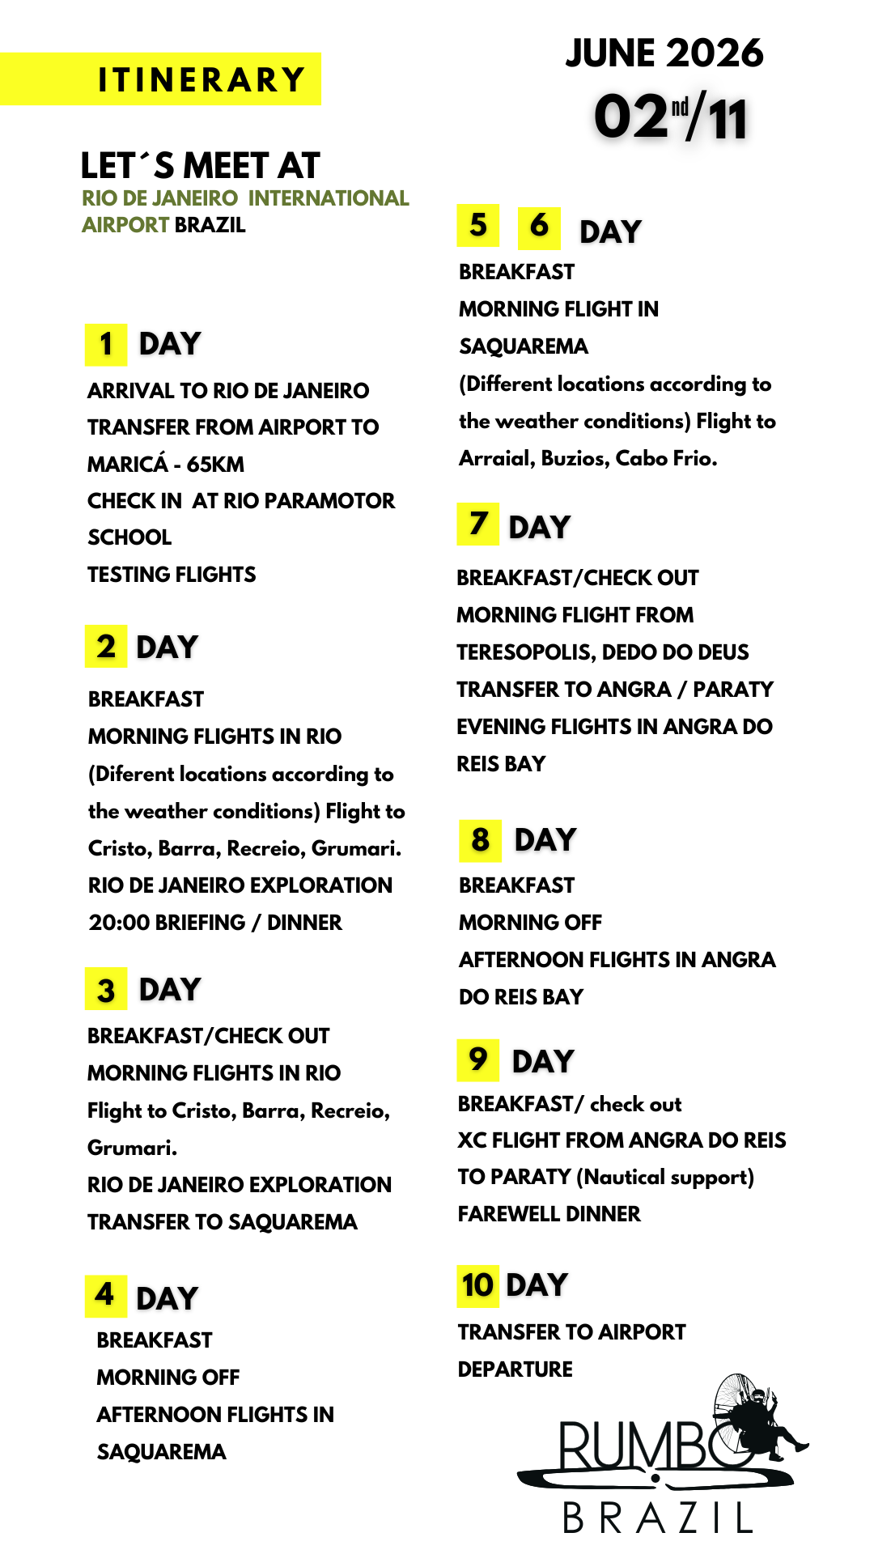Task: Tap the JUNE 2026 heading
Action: (664, 53)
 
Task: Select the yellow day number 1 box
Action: (106, 345)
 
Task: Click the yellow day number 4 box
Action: (105, 1295)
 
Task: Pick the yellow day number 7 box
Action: (478, 524)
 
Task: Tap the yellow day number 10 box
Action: (477, 1285)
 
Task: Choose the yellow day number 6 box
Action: (539, 226)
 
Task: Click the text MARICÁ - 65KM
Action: (166, 465)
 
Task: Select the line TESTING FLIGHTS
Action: (172, 575)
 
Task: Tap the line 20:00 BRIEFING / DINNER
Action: (215, 923)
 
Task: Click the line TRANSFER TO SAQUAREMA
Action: (223, 1222)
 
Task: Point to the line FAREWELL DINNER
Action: (549, 1214)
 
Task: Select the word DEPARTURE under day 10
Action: (515, 1369)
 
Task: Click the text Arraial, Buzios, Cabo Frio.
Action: (588, 459)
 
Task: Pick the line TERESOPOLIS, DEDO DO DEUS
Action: (603, 652)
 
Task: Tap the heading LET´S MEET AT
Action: (201, 166)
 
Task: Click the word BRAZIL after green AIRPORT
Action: (210, 225)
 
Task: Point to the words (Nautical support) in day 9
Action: (665, 1177)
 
